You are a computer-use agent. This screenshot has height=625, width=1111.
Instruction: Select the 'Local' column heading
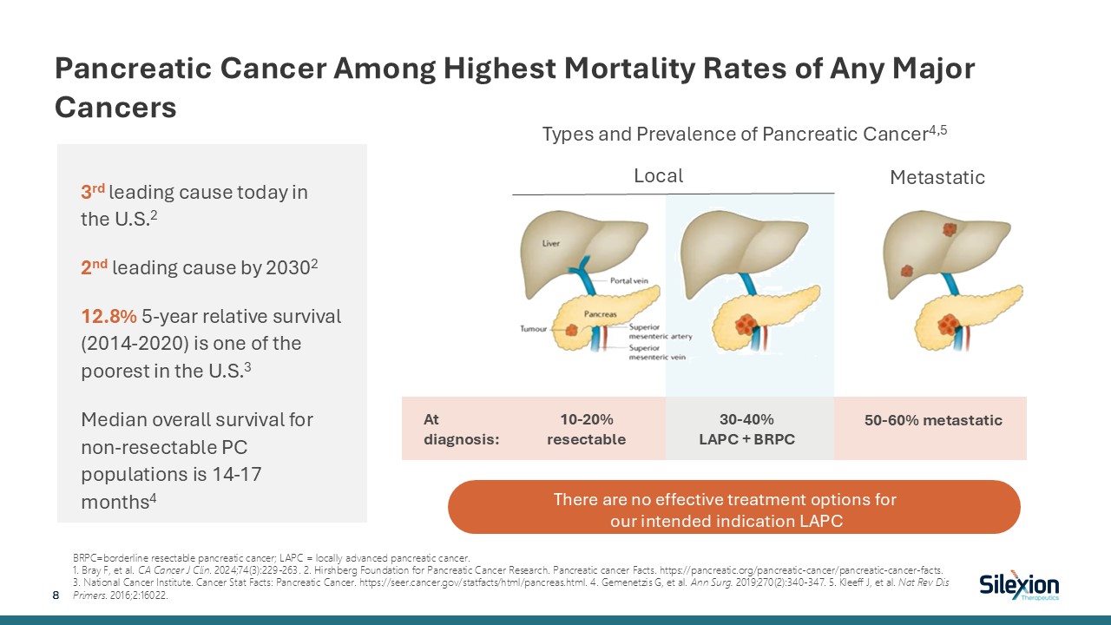point(658,176)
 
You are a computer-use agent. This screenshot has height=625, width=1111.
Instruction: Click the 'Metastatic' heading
point(937,178)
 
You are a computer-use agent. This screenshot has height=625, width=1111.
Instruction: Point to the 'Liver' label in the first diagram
point(551,244)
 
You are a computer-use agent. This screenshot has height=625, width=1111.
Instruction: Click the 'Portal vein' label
point(631,280)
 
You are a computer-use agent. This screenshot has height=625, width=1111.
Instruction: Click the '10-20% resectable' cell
point(586,429)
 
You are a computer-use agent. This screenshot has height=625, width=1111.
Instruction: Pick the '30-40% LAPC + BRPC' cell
point(746,429)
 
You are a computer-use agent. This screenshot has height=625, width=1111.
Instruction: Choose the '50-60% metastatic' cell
point(933,420)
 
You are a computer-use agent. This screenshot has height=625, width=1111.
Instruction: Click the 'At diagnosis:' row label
point(461,429)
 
